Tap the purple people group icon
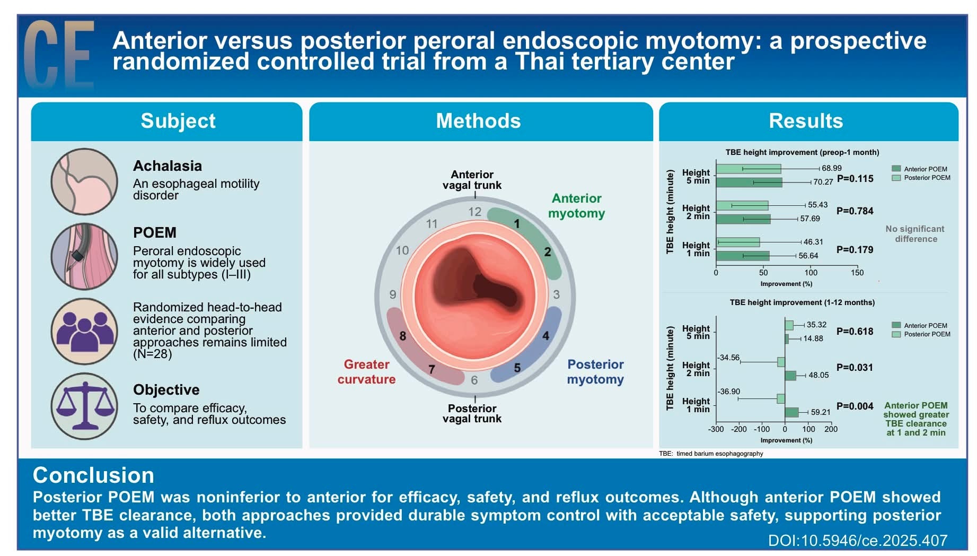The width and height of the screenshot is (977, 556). pos(85,331)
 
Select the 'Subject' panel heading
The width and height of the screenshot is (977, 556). pos(178,121)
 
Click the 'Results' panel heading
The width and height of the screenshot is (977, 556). pos(806,121)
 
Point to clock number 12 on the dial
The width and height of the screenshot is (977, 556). pos(474,212)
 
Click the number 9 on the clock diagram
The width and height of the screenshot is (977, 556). pos(393,294)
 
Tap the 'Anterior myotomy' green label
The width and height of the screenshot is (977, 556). pos(577,206)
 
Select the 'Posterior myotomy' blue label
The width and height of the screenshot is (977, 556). pos(595,372)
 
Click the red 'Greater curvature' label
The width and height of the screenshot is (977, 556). pos(366,372)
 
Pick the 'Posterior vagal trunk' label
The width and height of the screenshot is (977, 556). pos(472,413)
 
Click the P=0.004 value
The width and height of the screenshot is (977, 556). pos(855,406)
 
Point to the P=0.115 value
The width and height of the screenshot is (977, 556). pos(855,179)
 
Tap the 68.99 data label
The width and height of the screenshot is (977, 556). pos(832,168)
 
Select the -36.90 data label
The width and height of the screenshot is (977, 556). pos(729,392)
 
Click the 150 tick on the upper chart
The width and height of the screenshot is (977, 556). pos(857,273)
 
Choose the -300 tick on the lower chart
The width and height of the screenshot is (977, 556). pos(716,429)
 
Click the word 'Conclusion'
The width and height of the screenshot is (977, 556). pos(93,475)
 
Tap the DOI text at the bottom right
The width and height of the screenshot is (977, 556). pos(858,541)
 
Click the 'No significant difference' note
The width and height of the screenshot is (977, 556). pos(916,234)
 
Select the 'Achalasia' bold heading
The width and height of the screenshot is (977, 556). pos(168,166)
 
